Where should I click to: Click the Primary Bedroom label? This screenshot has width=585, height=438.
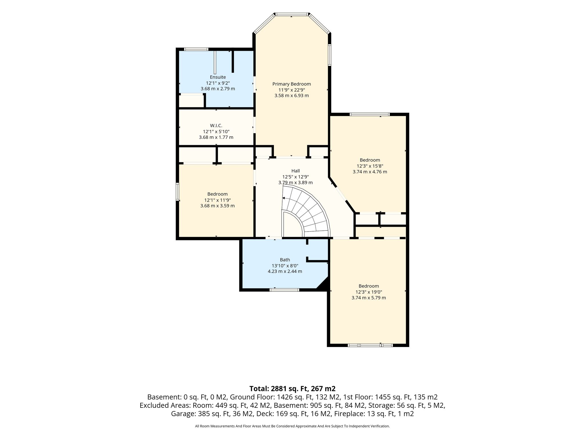point(291,84)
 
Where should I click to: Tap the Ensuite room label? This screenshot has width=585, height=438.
point(218,77)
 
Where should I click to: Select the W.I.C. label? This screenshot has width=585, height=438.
point(216,126)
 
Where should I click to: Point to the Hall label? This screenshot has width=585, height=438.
point(295,171)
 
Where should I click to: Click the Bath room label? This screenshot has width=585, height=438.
point(285,260)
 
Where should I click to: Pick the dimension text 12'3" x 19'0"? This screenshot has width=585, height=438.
point(369,292)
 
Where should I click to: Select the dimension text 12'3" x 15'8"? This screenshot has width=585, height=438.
point(370,166)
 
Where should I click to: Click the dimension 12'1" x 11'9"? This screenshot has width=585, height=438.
point(217,200)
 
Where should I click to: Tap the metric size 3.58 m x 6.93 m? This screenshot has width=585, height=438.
point(292,96)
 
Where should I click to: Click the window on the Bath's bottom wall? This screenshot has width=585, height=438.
point(284,290)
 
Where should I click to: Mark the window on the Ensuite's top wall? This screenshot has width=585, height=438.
point(196,49)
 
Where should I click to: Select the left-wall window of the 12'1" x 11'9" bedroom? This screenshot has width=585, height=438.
point(177,192)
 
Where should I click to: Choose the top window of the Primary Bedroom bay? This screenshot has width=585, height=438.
point(292,14)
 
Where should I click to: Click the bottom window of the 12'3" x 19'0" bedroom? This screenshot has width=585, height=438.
point(370,345)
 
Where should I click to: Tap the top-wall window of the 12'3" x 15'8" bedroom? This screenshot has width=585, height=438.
point(370,115)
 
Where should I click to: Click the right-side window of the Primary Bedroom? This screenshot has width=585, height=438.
point(329,55)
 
